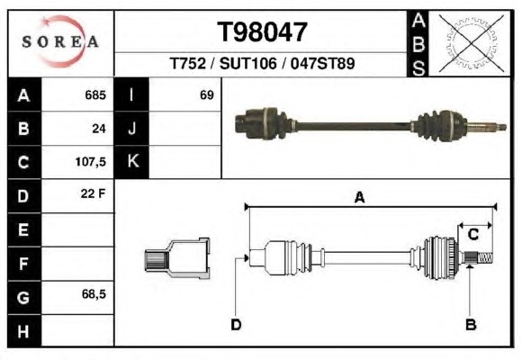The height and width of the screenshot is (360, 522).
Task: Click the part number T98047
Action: [262, 32]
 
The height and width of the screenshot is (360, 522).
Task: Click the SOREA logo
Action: [60, 41]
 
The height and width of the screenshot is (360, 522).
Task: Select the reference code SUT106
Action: [248, 63]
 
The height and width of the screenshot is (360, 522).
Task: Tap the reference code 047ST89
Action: [322, 63]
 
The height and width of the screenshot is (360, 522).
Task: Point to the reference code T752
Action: [188, 63]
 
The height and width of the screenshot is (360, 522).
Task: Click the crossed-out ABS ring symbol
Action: [471, 43]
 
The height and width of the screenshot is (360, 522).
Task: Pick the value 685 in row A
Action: [95, 95]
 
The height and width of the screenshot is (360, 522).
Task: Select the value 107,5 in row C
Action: [91, 162]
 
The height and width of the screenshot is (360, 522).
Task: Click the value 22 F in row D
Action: [93, 193]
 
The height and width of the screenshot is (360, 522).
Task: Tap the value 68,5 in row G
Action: [94, 294]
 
